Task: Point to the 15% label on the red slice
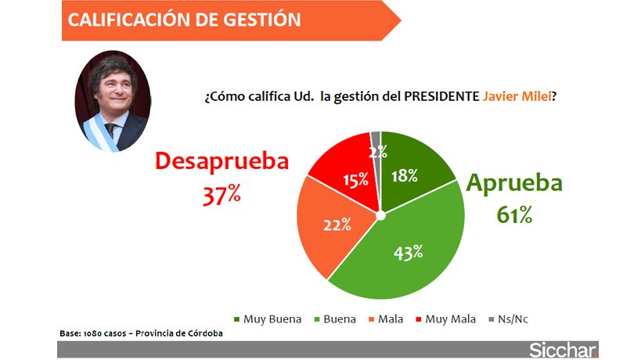coord(355,180)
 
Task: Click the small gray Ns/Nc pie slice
coord(376,141)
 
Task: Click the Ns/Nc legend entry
coord(513,319)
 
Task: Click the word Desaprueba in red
coord(221,161)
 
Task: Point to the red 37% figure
coord(221,195)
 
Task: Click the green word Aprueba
coord(514,183)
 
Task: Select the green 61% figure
coord(514,214)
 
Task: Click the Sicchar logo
coord(563,349)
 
